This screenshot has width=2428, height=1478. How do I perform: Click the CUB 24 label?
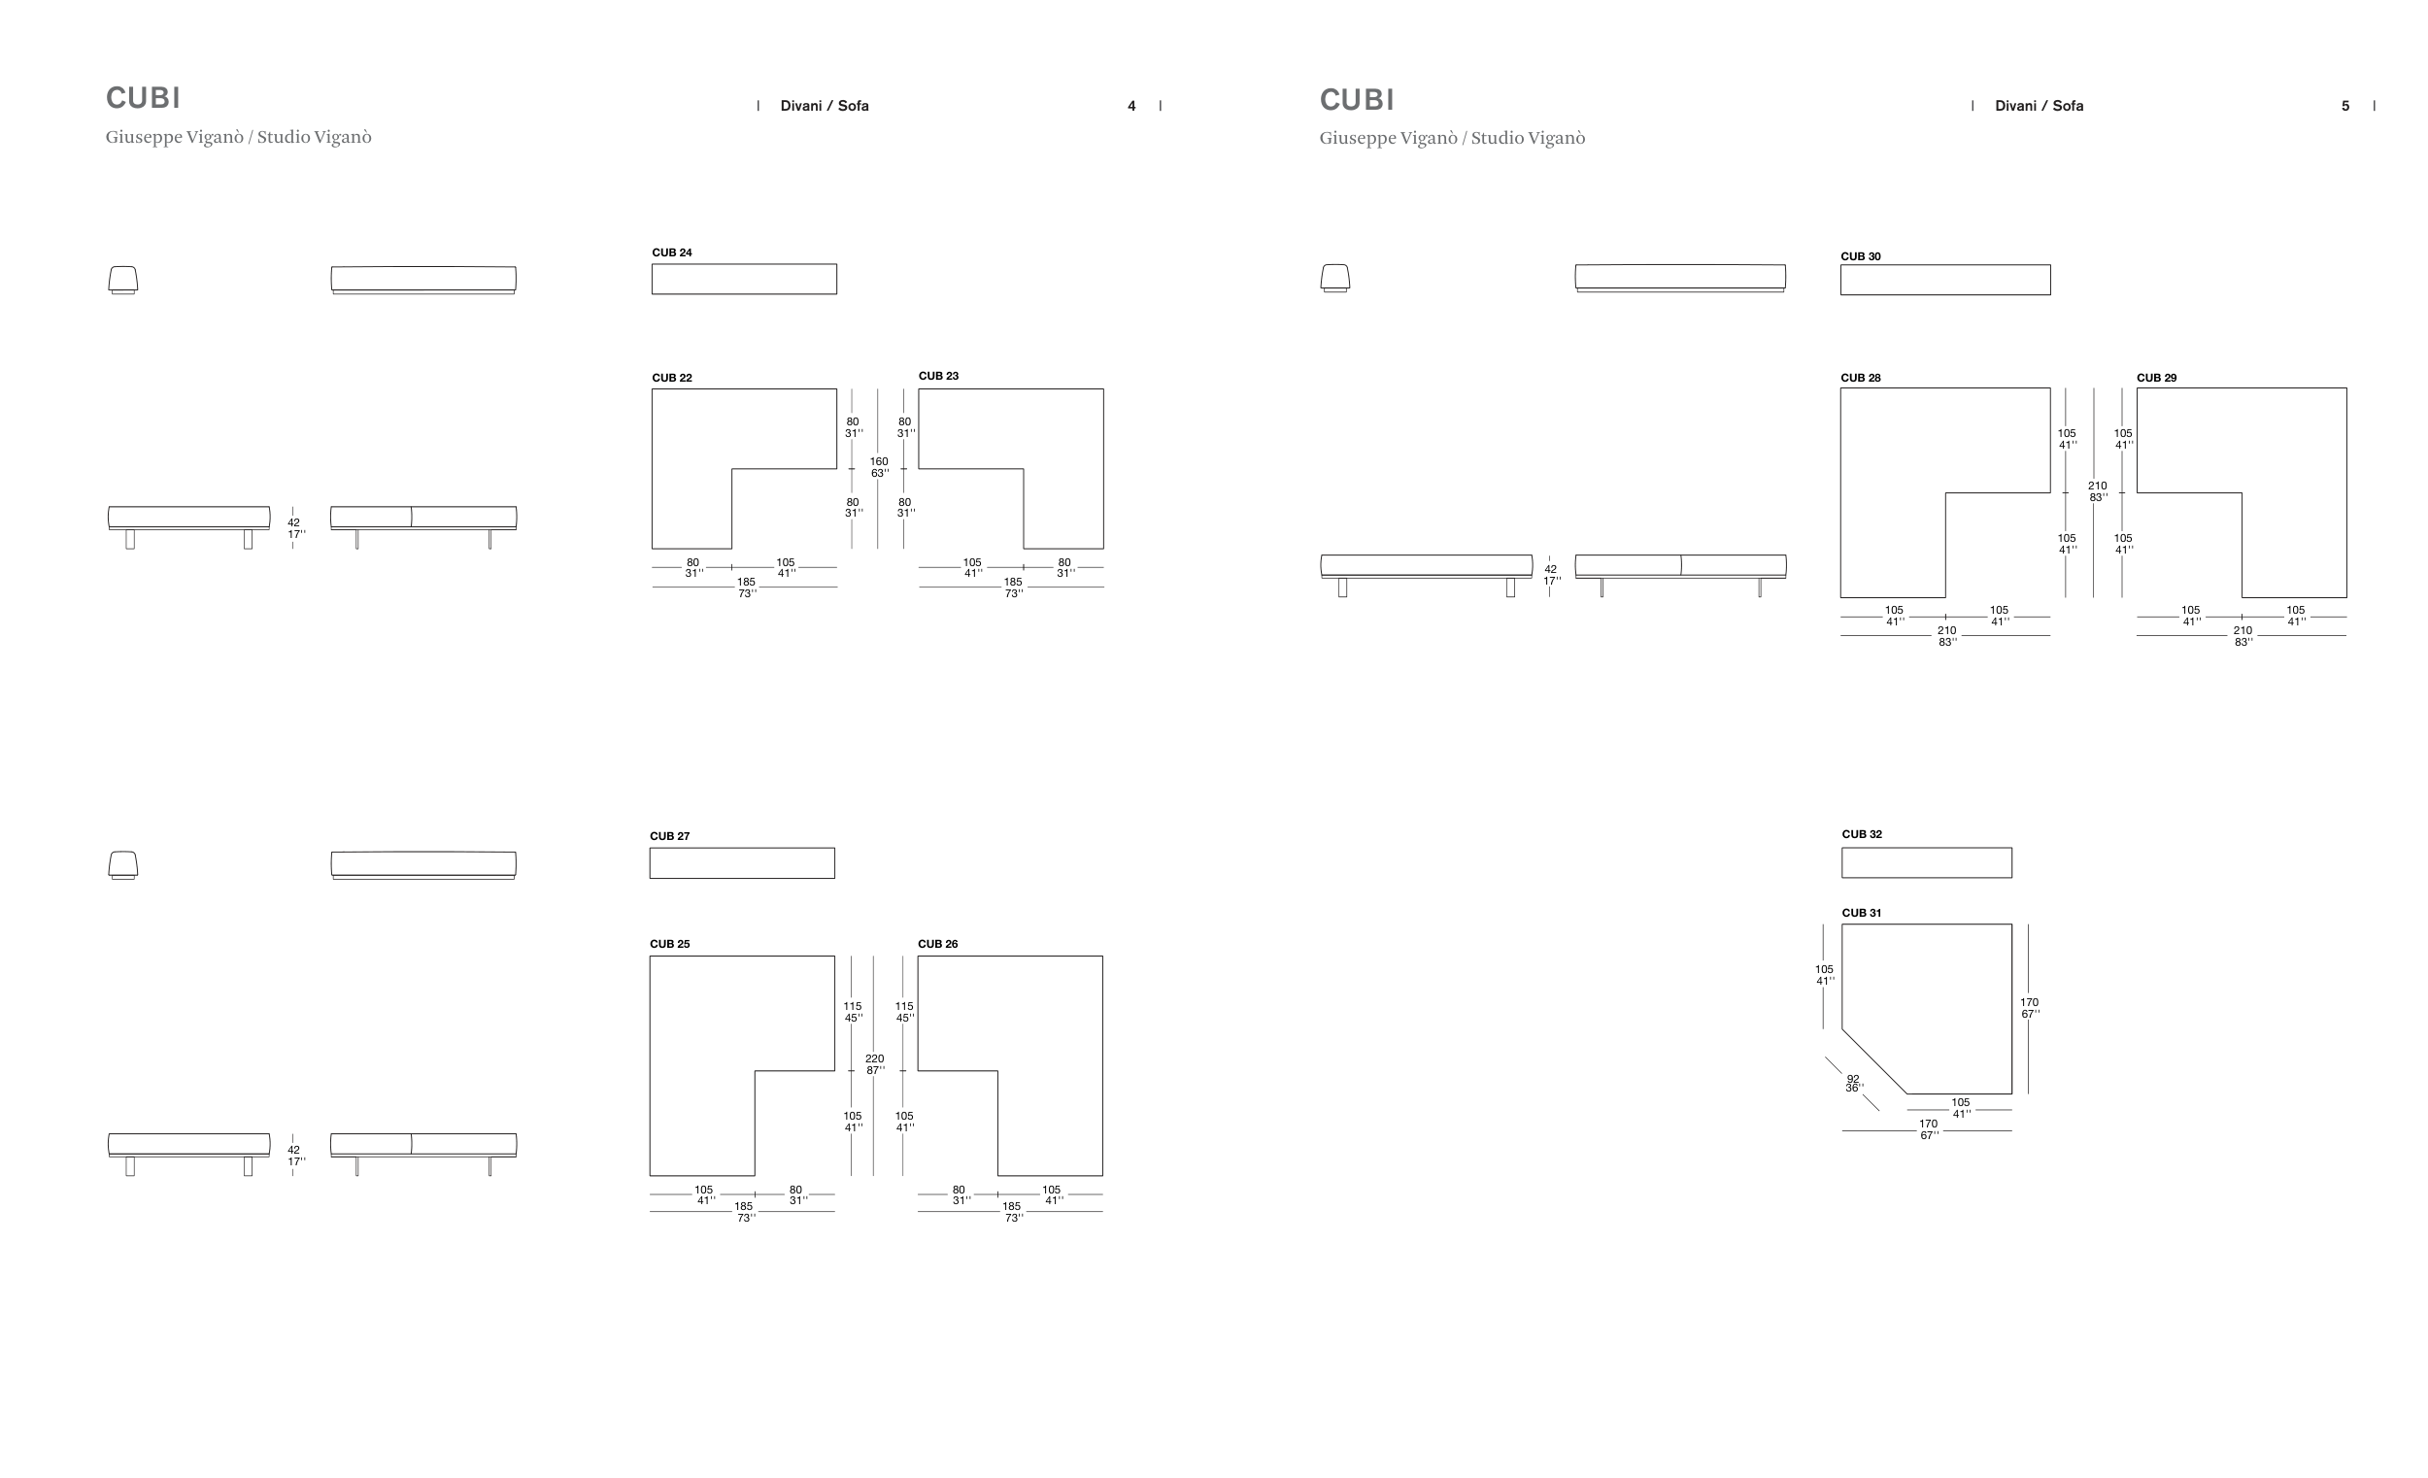671,252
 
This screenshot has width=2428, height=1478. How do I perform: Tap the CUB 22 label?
671,378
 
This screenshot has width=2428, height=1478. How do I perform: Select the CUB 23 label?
938,376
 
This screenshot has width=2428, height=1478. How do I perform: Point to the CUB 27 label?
669,835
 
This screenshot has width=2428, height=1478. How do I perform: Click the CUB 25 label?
669,943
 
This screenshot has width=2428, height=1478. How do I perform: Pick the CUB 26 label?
937,943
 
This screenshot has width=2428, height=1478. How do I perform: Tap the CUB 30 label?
1861,256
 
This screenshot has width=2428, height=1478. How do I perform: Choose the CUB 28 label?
1861,378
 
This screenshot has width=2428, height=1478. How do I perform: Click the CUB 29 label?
2156,378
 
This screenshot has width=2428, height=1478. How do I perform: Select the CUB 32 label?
1862,833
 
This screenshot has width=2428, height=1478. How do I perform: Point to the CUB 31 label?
1862,913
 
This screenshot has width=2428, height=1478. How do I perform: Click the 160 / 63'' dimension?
879,467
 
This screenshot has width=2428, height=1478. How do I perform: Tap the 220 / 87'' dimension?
875,1064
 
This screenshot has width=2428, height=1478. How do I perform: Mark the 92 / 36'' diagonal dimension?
1853,1084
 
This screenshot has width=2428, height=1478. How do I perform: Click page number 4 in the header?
1131,106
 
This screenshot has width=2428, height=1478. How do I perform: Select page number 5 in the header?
2345,106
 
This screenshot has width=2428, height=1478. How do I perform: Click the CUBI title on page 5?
1357,99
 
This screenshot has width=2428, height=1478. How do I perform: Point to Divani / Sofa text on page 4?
825,106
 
